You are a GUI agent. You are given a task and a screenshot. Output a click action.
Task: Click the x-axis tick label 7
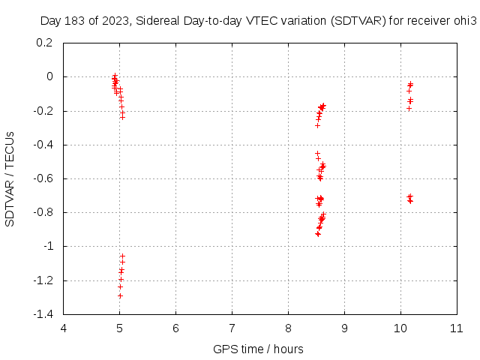pos(232,328)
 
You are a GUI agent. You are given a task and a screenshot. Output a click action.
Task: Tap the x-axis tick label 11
pos(456,328)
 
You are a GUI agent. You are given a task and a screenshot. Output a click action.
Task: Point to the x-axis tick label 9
pos(344,328)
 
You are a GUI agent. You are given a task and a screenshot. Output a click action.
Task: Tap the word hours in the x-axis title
pos(288,349)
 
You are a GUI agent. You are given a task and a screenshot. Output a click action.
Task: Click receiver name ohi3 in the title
pos(464,22)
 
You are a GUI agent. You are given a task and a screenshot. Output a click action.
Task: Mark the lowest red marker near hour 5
pos(120,295)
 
